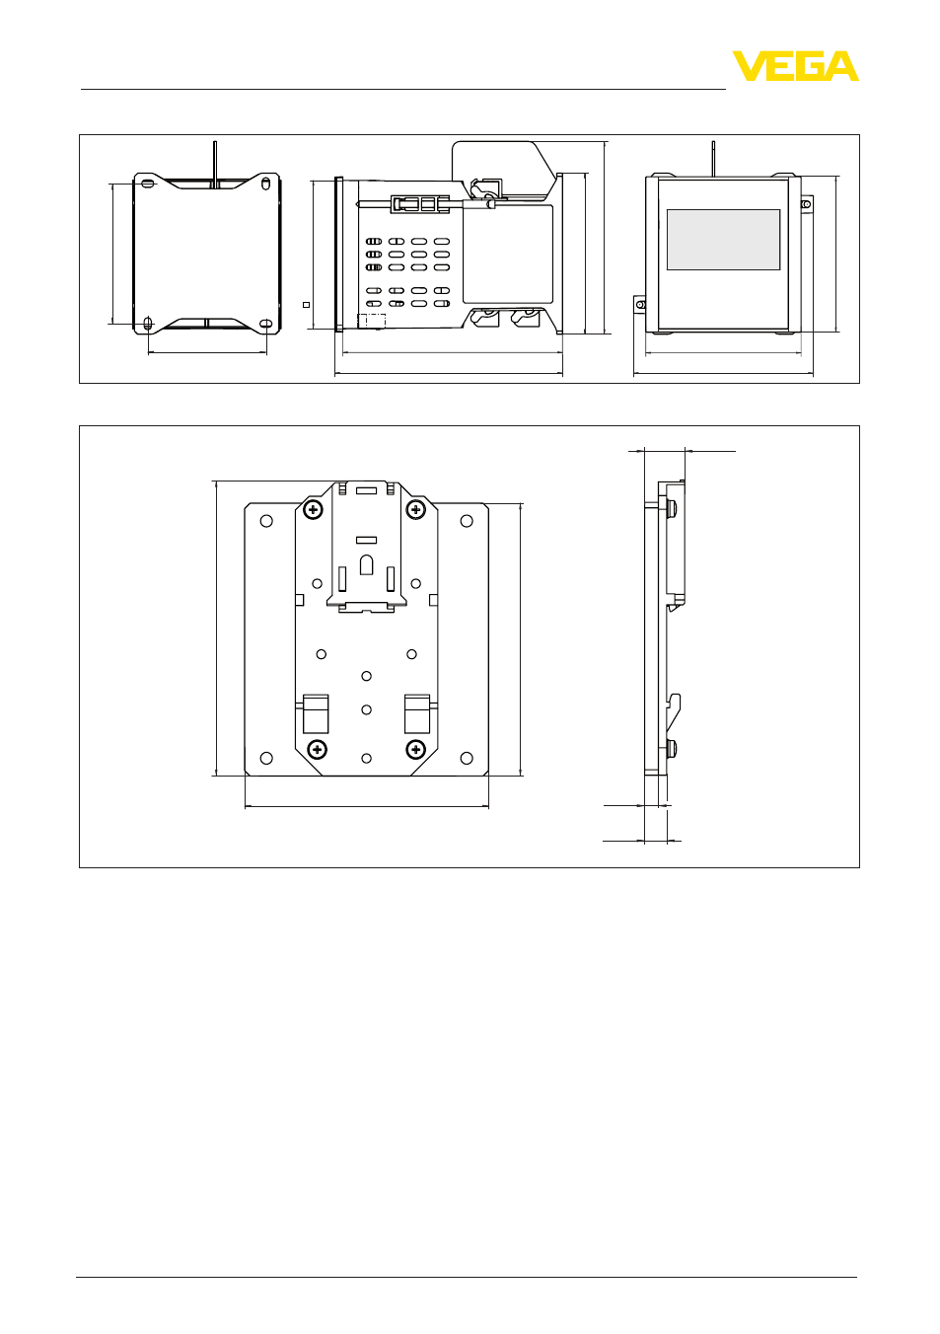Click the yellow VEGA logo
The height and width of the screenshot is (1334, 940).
point(795,65)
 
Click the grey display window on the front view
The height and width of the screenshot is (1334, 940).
point(723,240)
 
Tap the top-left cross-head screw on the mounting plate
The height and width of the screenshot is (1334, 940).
point(313,509)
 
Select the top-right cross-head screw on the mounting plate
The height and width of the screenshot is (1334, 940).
point(415,510)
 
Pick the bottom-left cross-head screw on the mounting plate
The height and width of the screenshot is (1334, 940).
point(318,749)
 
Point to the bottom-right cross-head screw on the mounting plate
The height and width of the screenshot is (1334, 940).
point(415,749)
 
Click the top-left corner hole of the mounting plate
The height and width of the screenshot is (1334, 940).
point(266,521)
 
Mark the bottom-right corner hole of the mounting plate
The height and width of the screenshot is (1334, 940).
point(467,758)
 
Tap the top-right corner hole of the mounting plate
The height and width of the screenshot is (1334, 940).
point(467,521)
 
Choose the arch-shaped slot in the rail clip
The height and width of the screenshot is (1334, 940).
point(367,564)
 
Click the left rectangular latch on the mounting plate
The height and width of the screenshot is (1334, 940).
point(316,713)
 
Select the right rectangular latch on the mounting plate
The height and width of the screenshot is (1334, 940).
point(417,713)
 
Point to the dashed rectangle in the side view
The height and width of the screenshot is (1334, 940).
point(372,321)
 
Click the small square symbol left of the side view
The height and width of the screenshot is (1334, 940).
point(306,305)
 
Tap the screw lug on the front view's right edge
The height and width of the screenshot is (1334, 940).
point(807,204)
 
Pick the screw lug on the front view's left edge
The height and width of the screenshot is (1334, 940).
point(640,305)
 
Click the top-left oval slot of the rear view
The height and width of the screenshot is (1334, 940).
point(148,183)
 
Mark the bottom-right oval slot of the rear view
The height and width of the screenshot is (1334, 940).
point(266,324)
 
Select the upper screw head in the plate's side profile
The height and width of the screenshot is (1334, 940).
point(672,507)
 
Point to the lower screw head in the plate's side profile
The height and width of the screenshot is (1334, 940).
point(672,748)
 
